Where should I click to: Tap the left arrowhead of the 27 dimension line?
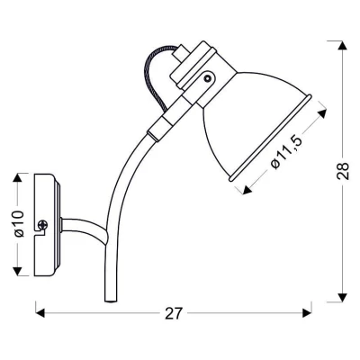click(x=40, y=314)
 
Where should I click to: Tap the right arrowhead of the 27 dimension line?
click(x=307, y=314)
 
